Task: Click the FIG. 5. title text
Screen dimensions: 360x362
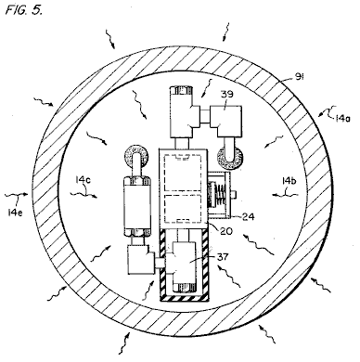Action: [24, 10]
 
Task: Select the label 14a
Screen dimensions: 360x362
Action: [342, 118]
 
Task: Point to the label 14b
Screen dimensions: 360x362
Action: [289, 181]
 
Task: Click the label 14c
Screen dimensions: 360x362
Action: [84, 180]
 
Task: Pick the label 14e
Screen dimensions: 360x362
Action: [15, 213]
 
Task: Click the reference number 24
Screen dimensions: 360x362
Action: [248, 216]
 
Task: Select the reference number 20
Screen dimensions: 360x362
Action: [226, 230]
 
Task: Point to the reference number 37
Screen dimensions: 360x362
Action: [223, 256]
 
